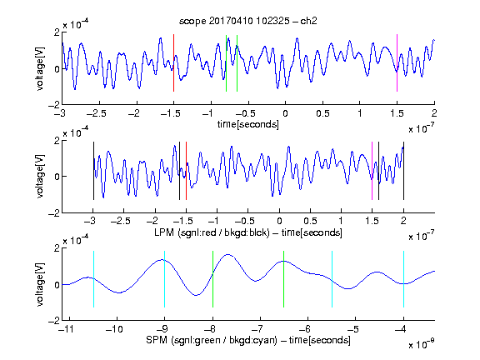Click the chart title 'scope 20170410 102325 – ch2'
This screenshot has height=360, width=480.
[248, 21]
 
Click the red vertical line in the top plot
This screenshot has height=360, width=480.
[173, 62]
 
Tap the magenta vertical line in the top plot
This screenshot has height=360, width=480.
[397, 62]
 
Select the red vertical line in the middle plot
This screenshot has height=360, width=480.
[186, 171]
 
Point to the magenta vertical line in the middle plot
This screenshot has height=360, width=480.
[372, 171]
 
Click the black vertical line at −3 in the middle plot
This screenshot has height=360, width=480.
[93, 171]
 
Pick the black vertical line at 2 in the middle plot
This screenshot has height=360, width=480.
[403, 171]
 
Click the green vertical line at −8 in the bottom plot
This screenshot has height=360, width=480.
[212, 279]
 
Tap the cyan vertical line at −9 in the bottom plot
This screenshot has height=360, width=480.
[164, 279]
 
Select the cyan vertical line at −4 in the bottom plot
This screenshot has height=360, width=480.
[403, 279]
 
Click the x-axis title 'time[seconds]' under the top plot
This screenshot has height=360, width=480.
[248, 124]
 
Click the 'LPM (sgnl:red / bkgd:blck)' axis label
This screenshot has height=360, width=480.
[212, 232]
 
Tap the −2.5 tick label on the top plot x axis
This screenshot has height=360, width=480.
[97, 113]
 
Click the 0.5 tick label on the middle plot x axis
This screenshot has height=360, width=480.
[310, 221]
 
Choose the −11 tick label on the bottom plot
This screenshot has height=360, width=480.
[67, 329]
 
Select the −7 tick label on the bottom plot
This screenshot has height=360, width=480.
[259, 329]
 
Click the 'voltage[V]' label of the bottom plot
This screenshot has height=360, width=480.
[40, 284]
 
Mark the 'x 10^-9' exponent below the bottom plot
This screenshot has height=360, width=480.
[422, 343]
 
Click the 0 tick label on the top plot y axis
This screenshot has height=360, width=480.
[57, 69]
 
